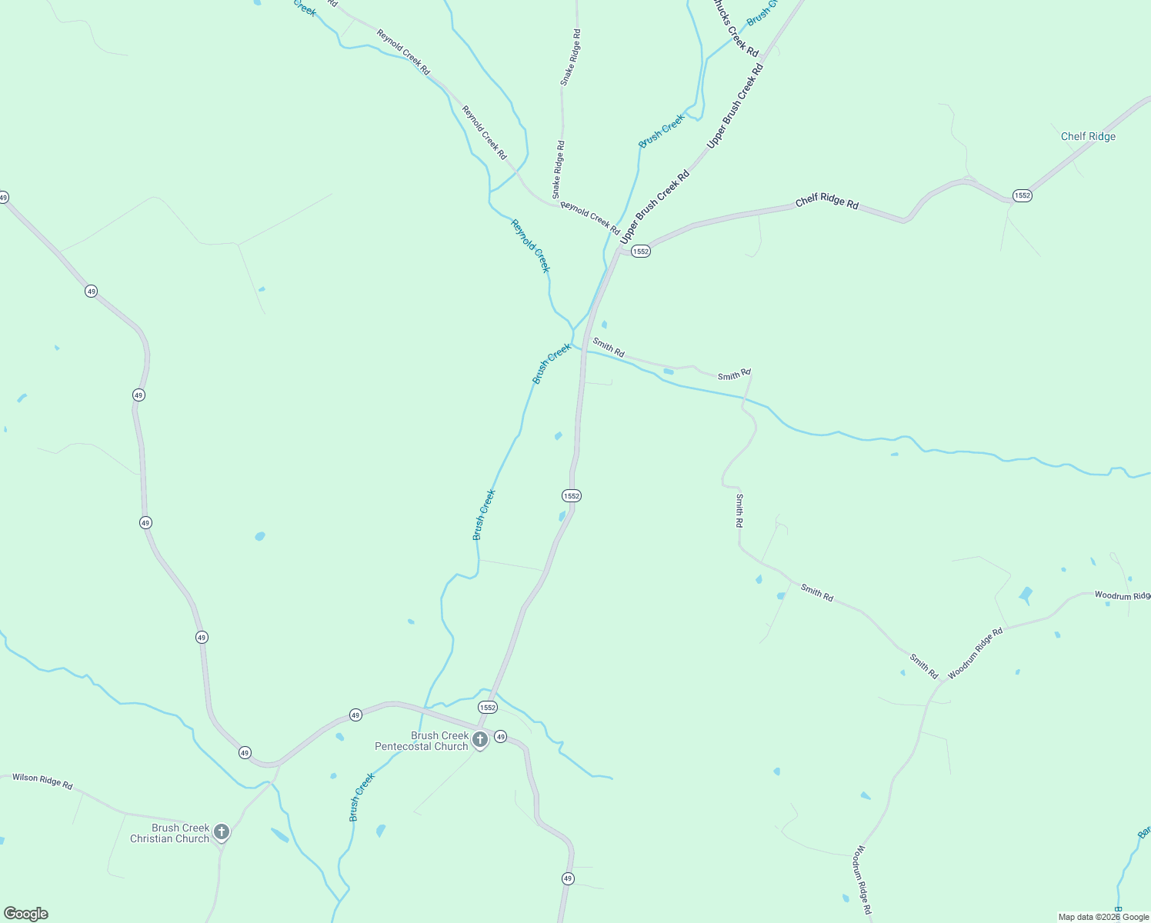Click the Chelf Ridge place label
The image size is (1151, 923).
coord(1088,136)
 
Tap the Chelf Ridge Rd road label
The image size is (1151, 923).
coord(827,201)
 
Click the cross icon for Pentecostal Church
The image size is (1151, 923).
coord(480,740)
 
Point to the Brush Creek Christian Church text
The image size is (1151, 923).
coord(170,834)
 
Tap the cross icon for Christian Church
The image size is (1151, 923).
coord(222,831)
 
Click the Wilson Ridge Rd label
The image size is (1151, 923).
coord(42,781)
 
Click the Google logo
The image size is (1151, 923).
coord(26,914)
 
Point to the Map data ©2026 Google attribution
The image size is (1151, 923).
coord(1103,917)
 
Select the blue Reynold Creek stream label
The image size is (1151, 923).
coord(531,246)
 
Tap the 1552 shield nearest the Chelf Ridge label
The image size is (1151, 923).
coord(1022,195)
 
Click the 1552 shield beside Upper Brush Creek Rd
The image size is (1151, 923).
coord(641,252)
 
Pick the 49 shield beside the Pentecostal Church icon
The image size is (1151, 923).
coord(500,737)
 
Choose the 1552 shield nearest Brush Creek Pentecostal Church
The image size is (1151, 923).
coord(487,707)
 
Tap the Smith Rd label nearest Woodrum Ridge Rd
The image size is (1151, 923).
coord(923,665)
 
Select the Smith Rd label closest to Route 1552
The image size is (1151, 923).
coord(608,347)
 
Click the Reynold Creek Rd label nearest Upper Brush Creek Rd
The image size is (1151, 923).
coord(590,218)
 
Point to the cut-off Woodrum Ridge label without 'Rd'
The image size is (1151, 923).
coord(1122,595)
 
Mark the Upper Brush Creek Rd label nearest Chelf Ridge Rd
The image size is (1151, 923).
coord(655,207)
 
